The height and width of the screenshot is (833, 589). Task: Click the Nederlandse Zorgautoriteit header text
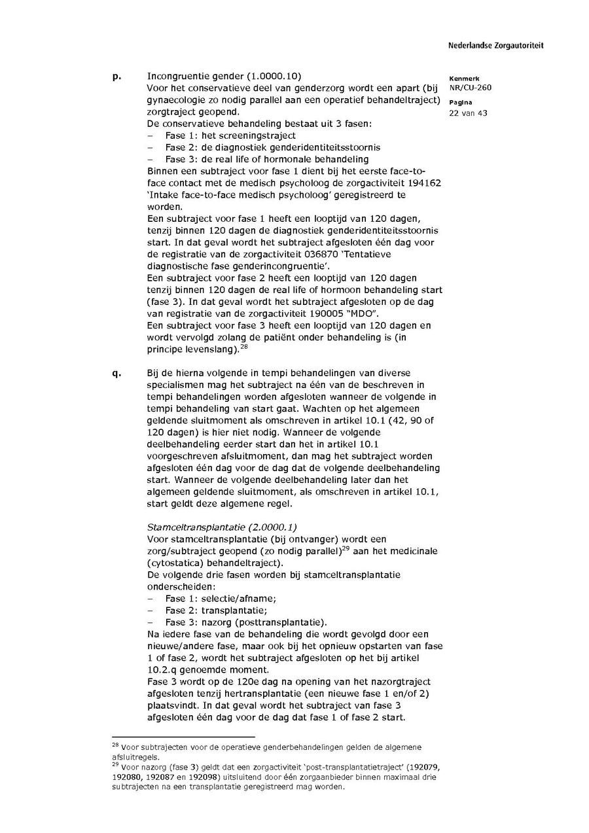(495, 46)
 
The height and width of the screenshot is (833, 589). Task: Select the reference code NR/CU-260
(470, 87)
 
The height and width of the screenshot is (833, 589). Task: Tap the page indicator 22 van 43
(468, 113)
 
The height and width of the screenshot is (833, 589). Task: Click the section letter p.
(116, 77)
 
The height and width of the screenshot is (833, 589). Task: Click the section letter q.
(116, 373)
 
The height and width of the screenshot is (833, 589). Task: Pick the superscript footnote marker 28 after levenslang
(243, 346)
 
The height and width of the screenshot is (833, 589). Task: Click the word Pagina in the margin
(461, 103)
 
